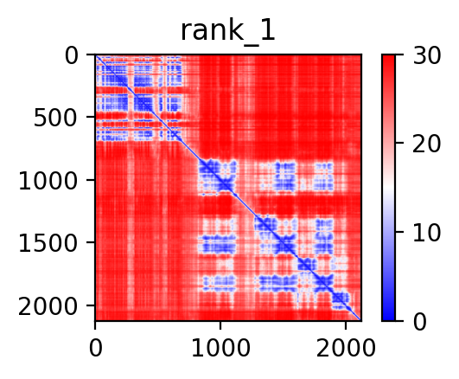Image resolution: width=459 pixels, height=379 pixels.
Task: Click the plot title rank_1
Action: (227, 32)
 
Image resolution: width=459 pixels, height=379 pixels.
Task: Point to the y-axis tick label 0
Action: (72, 55)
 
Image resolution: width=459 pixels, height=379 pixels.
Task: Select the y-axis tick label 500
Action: (55, 119)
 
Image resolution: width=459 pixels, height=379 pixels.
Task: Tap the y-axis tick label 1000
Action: (48, 181)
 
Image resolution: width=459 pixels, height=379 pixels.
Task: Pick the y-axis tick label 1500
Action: (48, 244)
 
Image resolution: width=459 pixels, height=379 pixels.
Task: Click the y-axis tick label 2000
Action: (48, 306)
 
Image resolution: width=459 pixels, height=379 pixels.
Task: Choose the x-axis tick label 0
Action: (96, 348)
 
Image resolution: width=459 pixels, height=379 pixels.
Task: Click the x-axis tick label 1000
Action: (220, 348)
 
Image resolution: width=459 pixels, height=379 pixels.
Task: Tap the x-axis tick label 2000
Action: (346, 348)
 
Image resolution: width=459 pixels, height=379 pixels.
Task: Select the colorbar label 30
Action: (426, 55)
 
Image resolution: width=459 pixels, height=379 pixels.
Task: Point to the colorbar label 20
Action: (426, 144)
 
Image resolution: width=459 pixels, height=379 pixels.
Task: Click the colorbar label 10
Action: (426, 233)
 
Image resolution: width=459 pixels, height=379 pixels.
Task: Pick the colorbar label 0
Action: (419, 322)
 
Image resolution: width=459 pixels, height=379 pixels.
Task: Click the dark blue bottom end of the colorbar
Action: (388, 318)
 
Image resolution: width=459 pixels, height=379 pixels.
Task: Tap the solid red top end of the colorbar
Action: (388, 58)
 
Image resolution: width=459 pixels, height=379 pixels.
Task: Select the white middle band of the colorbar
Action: (388, 188)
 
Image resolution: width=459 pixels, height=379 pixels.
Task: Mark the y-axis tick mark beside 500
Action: (91, 117)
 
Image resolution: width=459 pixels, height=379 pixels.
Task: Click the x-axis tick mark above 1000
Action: (220, 325)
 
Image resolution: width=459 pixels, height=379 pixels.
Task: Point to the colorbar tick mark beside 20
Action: (399, 143)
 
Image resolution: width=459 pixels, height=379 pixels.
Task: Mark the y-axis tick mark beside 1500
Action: (91, 242)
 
